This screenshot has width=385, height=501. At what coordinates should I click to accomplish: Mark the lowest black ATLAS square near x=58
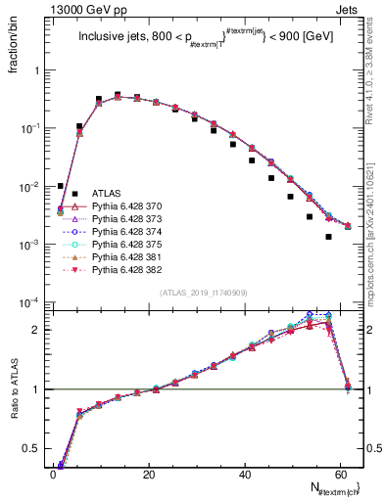pyautogui.click(x=329, y=237)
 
